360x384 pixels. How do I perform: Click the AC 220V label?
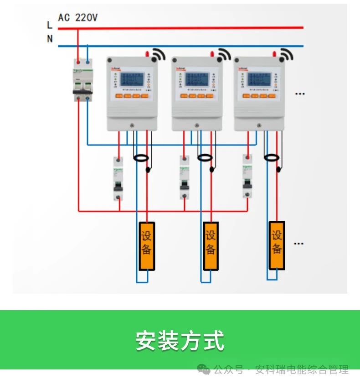[x=78, y=17]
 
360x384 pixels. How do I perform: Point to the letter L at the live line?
[x=50, y=25]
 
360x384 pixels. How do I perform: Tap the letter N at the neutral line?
[x=50, y=39]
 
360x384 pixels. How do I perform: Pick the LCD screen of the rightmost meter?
[x=258, y=79]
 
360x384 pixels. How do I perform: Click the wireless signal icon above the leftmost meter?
[x=158, y=55]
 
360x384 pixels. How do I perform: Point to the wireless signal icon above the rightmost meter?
[x=286, y=55]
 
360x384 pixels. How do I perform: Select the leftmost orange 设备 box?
[x=147, y=245]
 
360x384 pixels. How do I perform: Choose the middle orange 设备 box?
[x=211, y=245]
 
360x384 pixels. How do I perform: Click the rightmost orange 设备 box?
[x=277, y=245]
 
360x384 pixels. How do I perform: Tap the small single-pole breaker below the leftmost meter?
[x=118, y=179]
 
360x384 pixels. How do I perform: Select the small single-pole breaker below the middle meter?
[x=185, y=177]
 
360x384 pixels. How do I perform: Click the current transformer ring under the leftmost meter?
[x=141, y=158]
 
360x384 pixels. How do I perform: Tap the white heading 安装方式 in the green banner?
[x=180, y=340]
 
